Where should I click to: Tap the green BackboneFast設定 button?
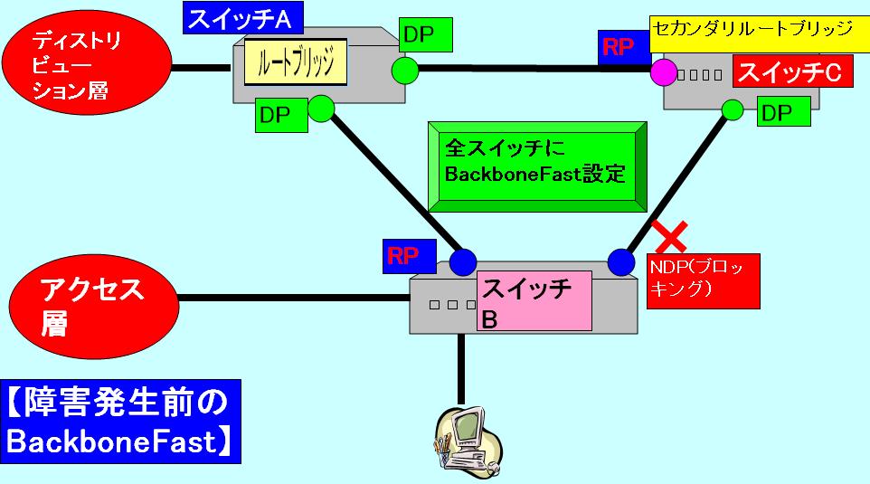coord(535,160)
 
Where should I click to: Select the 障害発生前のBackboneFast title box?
coord(121,421)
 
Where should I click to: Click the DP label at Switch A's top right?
coord(425,35)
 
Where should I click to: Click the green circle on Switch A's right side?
coord(404,69)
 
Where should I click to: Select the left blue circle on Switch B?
coord(463,262)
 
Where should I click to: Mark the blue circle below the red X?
coord(621,261)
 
